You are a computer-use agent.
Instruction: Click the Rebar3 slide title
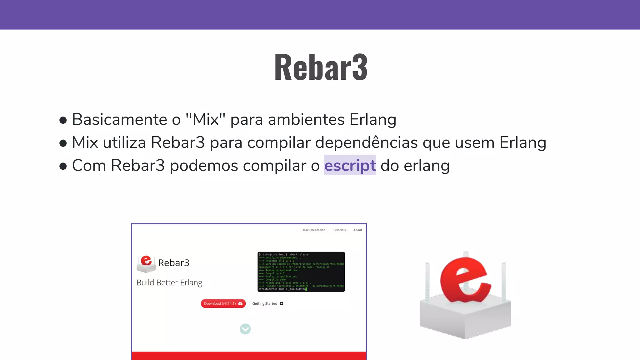[321, 67]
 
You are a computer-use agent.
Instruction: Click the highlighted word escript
[350, 165]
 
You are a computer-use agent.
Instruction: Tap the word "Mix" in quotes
[205, 119]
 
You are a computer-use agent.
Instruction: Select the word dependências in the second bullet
[366, 142]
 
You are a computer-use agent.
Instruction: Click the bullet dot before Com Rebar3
[63, 166]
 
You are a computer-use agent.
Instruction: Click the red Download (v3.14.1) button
[223, 303]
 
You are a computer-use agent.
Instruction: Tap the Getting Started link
[268, 303]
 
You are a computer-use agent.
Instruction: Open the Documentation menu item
[314, 230]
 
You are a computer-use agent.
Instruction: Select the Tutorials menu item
[339, 230]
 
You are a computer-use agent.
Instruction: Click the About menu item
[357, 230]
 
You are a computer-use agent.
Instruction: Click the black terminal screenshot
[301, 272]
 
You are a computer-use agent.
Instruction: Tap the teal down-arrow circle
[245, 329]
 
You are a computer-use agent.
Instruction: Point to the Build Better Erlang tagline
[169, 282]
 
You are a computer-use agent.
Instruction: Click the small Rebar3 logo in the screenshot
[146, 263]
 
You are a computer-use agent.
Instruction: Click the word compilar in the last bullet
[274, 166]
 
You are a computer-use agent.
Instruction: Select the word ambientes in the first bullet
[306, 119]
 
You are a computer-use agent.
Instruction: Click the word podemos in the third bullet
[204, 166]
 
